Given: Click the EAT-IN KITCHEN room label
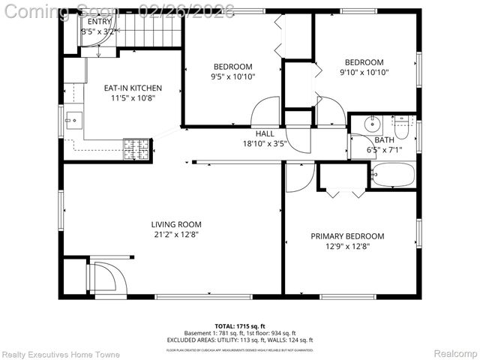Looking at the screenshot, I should click(x=132, y=88).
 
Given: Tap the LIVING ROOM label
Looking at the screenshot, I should click(x=176, y=224).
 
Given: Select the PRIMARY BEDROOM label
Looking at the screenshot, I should click(x=347, y=236).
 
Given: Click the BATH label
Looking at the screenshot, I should click(x=384, y=140).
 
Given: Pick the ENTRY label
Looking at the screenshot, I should click(x=100, y=22).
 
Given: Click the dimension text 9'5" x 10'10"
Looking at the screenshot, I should click(x=232, y=76).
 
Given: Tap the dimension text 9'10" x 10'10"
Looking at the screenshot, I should click(x=364, y=73).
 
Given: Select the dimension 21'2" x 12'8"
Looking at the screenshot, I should click(x=176, y=234).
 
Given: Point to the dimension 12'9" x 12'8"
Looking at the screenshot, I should click(x=347, y=246).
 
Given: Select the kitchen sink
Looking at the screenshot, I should click(x=73, y=118).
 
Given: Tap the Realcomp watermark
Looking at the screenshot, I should click(x=455, y=353).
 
